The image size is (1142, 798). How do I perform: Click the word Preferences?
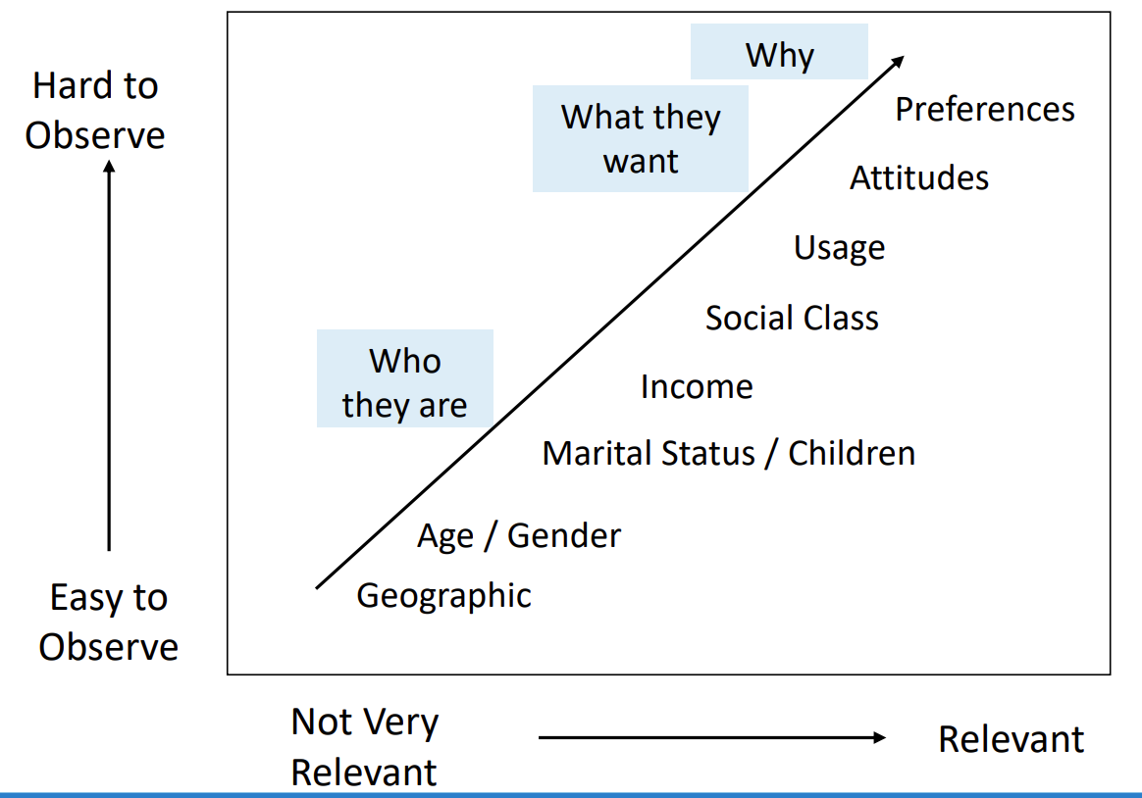(985, 110)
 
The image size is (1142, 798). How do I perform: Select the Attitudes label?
(919, 178)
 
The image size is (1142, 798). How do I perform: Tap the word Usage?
(839, 248)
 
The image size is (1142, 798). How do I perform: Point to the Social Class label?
(792, 318)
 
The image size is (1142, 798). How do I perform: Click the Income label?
(697, 387)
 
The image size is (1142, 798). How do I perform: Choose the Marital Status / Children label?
(728, 453)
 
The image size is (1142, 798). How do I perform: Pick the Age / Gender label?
(519, 536)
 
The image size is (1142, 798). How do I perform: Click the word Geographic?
(443, 596)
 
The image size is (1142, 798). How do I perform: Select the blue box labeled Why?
(779, 52)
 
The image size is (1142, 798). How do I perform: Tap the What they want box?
(641, 139)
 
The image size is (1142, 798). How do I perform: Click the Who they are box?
(405, 378)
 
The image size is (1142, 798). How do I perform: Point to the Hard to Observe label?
(95, 111)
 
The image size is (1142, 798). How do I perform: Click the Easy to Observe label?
(109, 622)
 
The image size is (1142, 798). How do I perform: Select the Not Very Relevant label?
(364, 747)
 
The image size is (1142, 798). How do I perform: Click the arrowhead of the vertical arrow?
(109, 167)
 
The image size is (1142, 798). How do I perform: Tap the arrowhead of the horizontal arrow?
(880, 737)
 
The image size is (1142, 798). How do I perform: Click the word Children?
(852, 453)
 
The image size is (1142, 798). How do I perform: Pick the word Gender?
(564, 536)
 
